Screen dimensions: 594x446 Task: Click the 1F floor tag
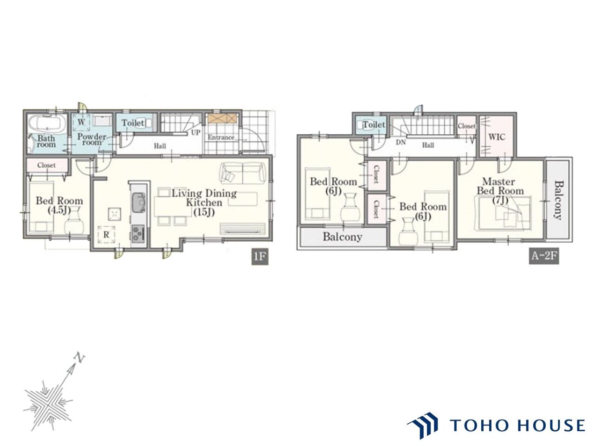[260, 256]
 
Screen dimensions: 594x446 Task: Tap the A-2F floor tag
[544, 256]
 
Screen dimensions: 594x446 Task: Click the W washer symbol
[82, 122]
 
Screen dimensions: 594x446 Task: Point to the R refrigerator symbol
[106, 235]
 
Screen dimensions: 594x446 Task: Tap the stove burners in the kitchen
[139, 233]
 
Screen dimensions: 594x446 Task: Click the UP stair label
[196, 133]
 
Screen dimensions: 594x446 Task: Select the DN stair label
[400, 143]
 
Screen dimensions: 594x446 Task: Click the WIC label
[497, 137]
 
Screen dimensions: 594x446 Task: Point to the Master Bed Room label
[500, 186]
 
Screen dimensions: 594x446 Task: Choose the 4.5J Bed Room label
[59, 205]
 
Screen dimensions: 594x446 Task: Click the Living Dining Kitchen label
[204, 198]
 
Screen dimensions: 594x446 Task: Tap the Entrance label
[221, 138]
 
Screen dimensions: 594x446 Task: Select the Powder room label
[92, 139]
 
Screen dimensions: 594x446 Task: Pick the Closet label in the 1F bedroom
[46, 165]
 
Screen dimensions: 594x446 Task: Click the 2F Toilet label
[374, 125]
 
